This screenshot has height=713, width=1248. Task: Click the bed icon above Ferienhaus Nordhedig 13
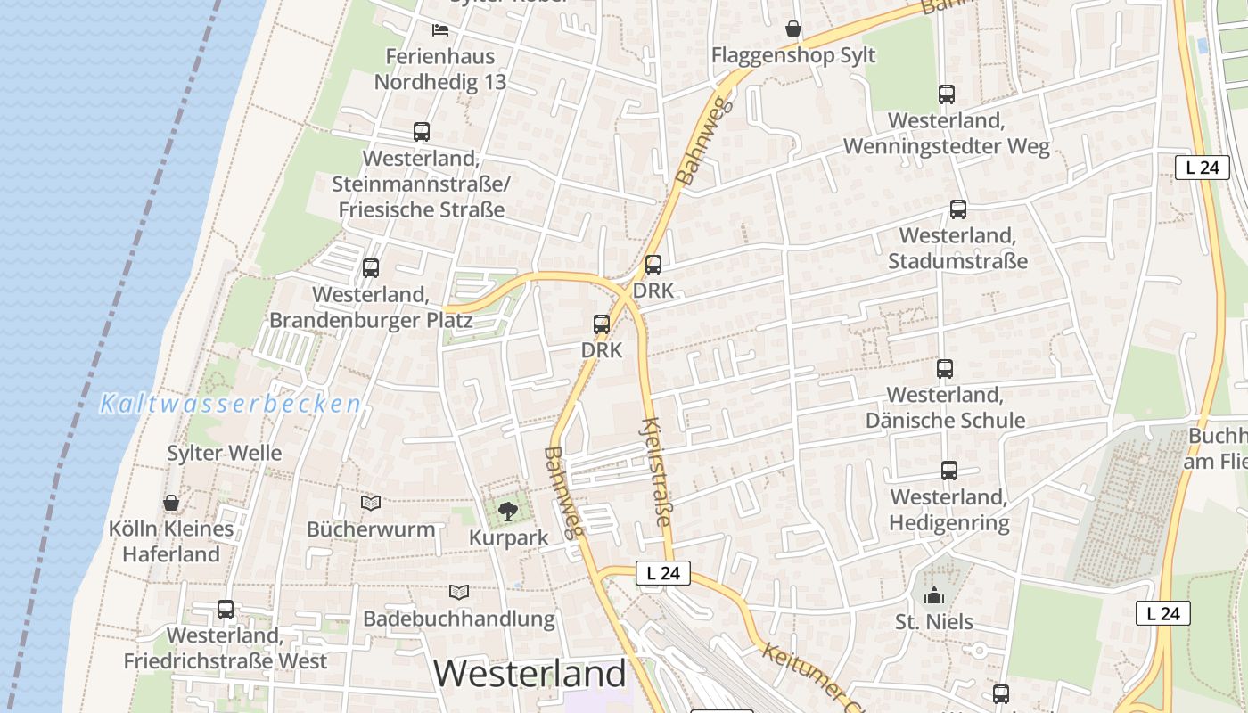[x=439, y=30]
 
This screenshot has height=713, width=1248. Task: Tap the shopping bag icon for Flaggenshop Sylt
[x=793, y=29]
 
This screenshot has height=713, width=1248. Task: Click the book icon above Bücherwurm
[x=371, y=503]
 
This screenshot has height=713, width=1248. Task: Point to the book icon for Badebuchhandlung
[x=459, y=592]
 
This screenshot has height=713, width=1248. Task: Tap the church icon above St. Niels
[x=934, y=595]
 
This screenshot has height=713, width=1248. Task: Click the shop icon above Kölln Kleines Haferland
[x=171, y=503]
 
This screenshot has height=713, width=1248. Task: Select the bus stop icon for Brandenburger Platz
[x=371, y=267]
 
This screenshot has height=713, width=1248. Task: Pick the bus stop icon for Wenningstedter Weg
[x=947, y=94]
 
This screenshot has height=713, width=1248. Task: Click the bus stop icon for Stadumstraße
[x=958, y=209]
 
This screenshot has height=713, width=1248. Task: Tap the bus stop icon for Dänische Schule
[x=945, y=368]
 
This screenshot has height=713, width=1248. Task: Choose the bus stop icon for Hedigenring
[x=949, y=471]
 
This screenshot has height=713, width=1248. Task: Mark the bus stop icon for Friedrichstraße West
[x=226, y=610]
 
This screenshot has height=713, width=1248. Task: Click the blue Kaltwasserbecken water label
[x=231, y=405]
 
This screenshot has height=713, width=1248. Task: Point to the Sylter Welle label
[x=225, y=453]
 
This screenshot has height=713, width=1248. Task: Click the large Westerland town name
[x=530, y=674]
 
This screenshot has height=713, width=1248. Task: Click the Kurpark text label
[x=509, y=538]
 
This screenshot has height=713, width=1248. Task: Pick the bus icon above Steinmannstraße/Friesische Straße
[x=422, y=132]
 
